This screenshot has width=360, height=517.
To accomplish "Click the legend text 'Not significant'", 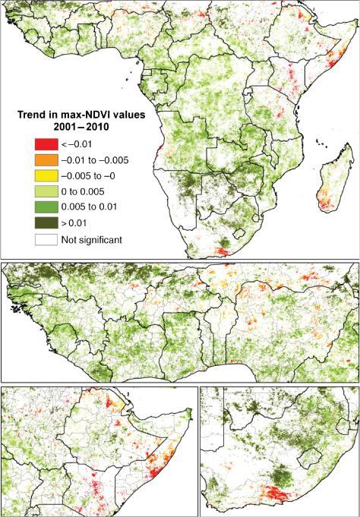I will (97, 240).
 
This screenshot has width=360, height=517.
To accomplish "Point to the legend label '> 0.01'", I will (79, 224).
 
